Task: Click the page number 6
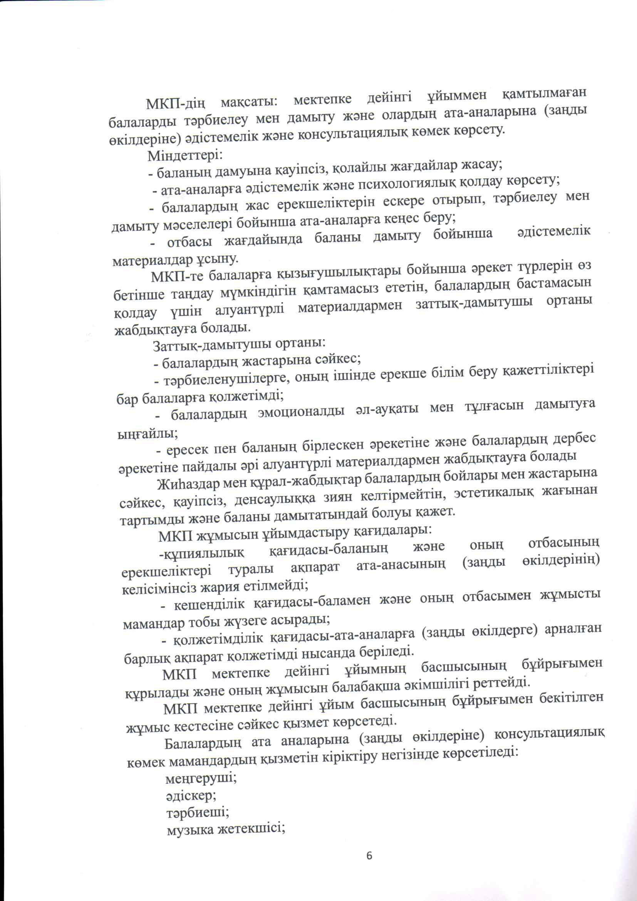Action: click(x=369, y=856)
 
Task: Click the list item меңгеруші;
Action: click(x=201, y=778)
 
